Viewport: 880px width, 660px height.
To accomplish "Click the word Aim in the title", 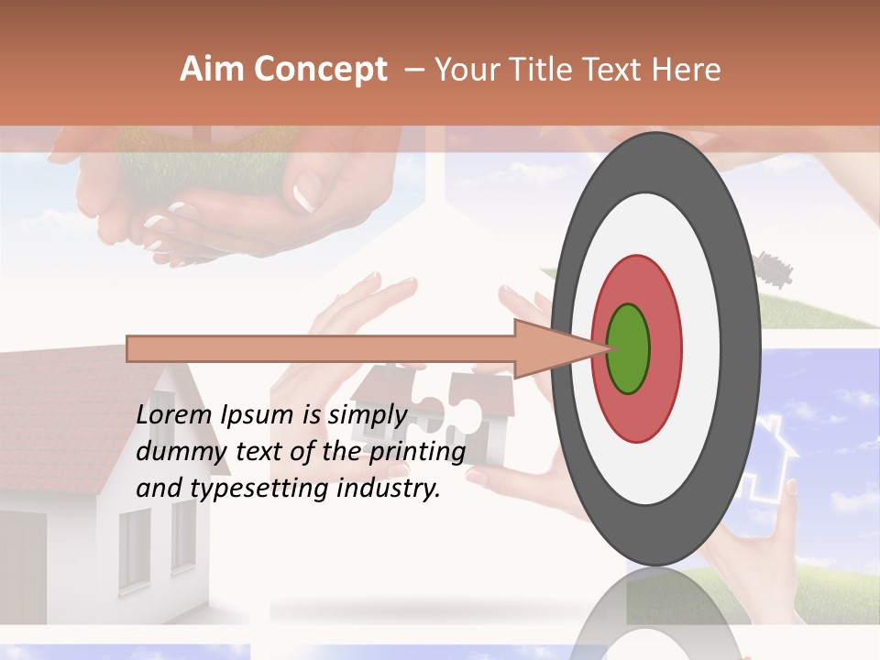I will (x=212, y=70).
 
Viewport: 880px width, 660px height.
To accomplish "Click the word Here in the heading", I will (x=687, y=70).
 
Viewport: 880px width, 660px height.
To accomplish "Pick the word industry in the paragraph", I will (x=389, y=489).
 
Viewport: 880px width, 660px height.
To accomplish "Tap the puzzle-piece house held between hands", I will (x=440, y=412).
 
